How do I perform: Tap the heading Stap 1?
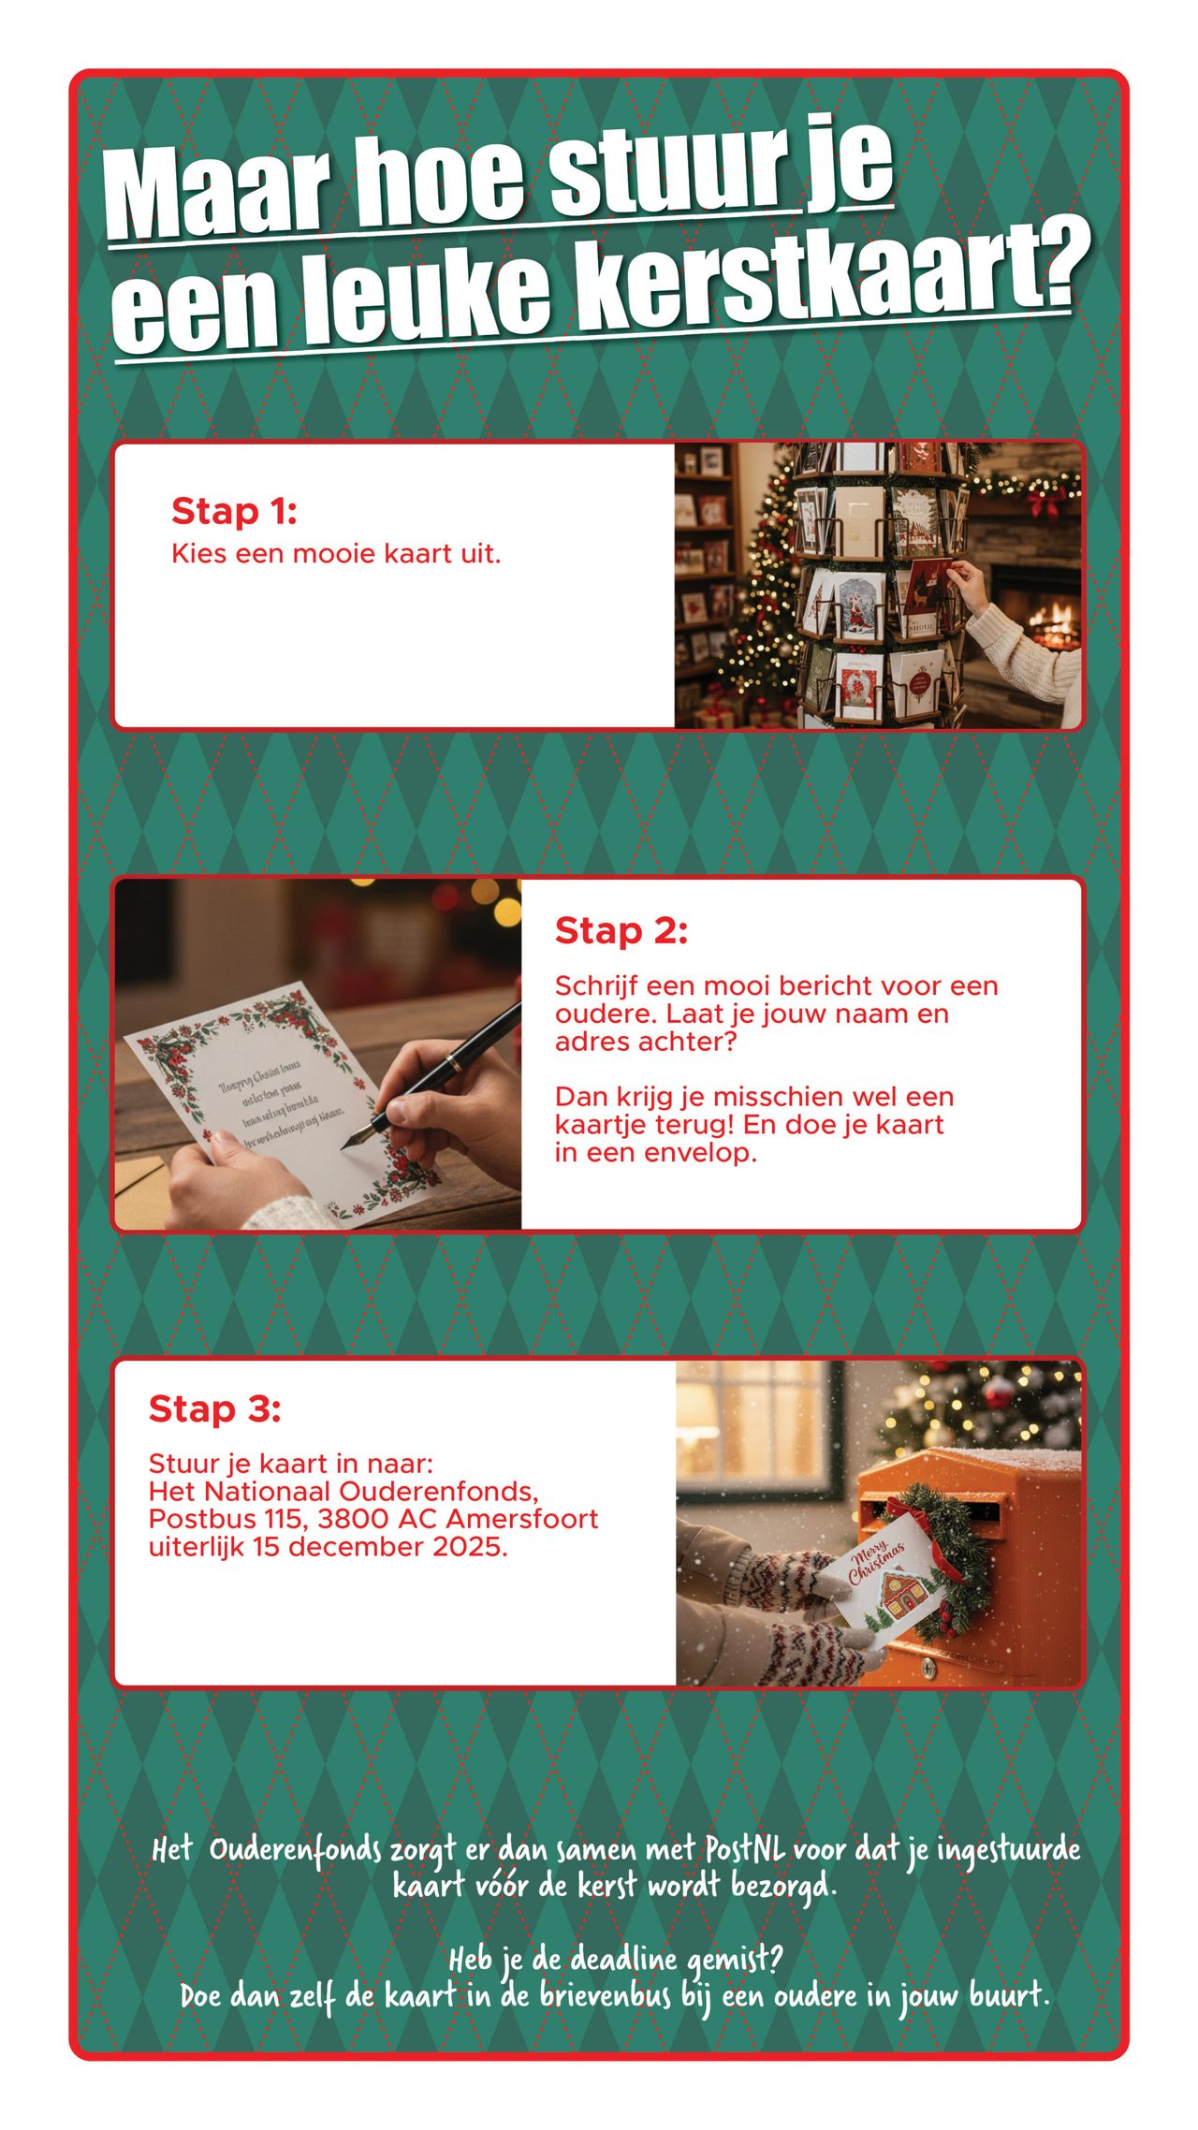click(x=234, y=512)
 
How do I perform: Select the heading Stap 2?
click(x=621, y=931)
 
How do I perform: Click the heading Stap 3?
click(x=214, y=1408)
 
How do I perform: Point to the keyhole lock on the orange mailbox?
click(x=928, y=1666)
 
